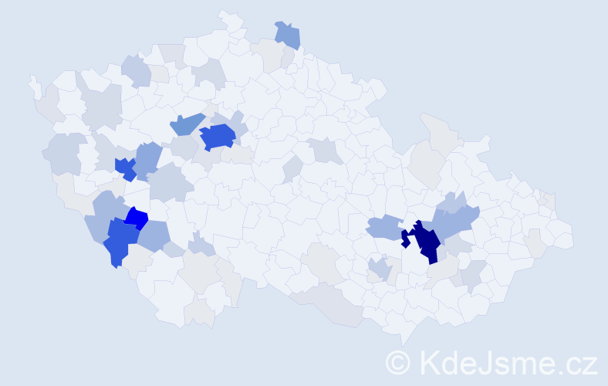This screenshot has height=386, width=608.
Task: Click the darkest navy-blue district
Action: coord(425,241)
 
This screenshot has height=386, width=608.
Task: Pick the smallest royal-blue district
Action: coord(123,168)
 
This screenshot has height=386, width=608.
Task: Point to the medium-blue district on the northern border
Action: coord(288,34)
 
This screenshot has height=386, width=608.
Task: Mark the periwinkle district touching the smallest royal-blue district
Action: coord(148,158)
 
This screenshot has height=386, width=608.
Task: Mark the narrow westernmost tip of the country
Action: coord(32,80)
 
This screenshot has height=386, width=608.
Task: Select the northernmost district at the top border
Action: coord(225,13)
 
